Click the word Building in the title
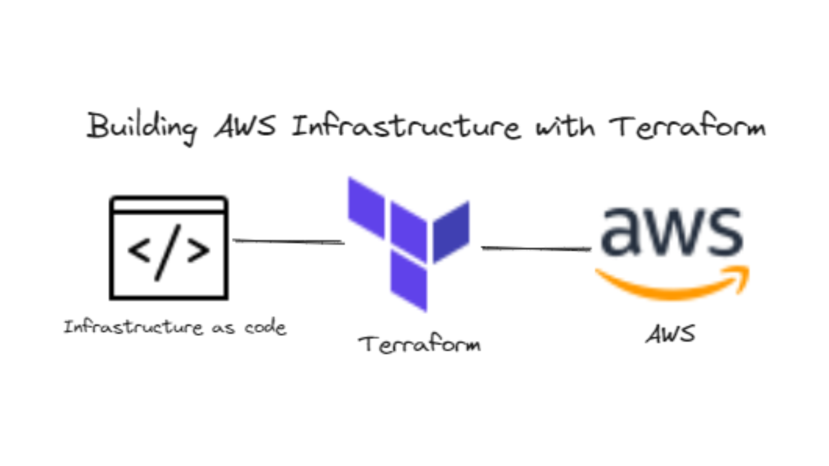142,128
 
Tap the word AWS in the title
245,126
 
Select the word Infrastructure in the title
405,125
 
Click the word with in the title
565,126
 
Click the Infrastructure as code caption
175,327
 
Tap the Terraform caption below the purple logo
420,344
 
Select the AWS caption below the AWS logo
670,334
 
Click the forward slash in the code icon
168,252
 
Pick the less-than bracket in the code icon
139,250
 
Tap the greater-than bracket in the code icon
198,250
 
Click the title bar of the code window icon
169,205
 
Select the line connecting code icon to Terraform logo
289,241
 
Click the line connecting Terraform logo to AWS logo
536,248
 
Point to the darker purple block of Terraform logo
451,232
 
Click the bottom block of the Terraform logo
409,280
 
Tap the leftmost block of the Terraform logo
367,208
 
